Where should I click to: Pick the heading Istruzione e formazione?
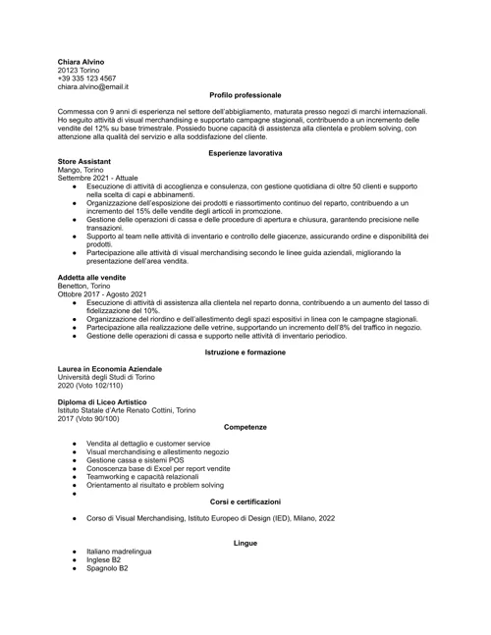[x=245, y=351]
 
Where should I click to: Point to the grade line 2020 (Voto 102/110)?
[x=95, y=385]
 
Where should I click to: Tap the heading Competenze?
[x=245, y=427]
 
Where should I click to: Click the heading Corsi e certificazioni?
[x=245, y=502]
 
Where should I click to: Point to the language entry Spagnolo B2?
[x=106, y=568]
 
